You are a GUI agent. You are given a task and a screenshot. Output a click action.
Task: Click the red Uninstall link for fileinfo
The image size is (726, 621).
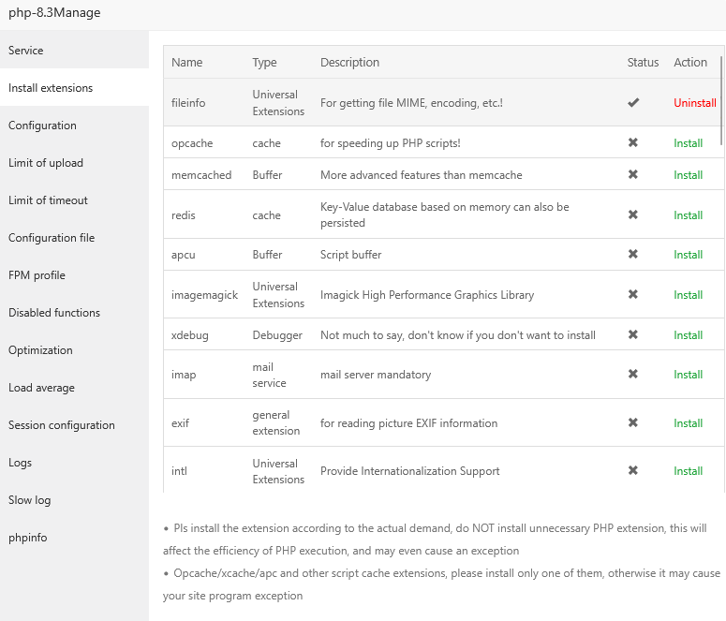click(x=694, y=103)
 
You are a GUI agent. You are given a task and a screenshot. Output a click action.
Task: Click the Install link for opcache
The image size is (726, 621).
click(x=688, y=143)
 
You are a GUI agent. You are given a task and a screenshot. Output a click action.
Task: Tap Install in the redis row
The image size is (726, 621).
click(x=688, y=215)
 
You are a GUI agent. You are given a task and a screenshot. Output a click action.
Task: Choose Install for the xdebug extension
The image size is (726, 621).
click(x=688, y=335)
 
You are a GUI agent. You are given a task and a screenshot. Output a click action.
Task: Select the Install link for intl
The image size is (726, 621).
click(x=688, y=471)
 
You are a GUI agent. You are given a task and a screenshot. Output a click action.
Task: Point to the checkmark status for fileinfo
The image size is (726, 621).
click(x=633, y=103)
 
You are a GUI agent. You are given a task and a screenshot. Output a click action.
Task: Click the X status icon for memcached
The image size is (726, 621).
click(x=633, y=175)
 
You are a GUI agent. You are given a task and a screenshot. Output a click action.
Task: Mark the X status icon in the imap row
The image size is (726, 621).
click(x=633, y=375)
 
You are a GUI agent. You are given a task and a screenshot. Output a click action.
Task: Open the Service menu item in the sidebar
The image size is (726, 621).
click(x=26, y=51)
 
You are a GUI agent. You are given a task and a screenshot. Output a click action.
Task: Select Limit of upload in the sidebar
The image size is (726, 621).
click(x=46, y=163)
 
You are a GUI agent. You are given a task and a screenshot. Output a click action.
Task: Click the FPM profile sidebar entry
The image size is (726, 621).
click(x=37, y=275)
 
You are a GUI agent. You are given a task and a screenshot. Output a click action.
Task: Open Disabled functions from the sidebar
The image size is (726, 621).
click(x=54, y=313)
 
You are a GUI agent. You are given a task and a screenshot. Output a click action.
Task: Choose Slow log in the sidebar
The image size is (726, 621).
click(x=30, y=500)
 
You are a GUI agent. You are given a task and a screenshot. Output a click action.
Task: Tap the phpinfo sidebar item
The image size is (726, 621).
click(x=28, y=538)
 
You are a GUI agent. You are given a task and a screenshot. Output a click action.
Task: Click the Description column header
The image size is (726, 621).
click(x=349, y=63)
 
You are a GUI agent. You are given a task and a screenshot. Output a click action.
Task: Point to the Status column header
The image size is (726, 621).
click(x=643, y=63)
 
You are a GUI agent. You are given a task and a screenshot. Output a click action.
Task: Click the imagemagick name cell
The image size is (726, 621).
click(x=204, y=295)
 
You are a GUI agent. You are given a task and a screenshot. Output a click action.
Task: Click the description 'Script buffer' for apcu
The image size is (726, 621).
click(x=350, y=255)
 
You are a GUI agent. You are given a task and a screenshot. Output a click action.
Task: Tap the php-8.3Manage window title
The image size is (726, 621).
click(x=54, y=13)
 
